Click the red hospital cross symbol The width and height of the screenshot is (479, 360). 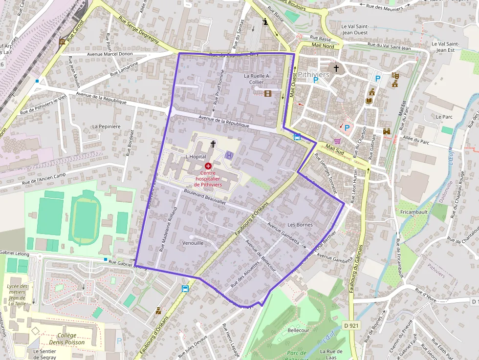208,166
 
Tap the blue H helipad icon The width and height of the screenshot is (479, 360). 229,155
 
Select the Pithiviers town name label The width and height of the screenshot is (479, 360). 313,74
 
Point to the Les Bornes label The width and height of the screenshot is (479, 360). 300,225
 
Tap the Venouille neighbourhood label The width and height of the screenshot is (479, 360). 193,243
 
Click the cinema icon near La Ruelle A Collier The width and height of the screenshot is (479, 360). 267,93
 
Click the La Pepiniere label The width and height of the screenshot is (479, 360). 106,127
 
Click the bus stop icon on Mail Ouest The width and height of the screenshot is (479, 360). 297,136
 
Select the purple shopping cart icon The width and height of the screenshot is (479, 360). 337,141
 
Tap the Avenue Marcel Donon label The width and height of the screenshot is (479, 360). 110,54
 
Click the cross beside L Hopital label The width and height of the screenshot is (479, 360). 213,144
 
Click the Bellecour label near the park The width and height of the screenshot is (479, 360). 299,331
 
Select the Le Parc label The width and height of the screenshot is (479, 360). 445,117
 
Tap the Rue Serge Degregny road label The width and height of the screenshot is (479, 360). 138,31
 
